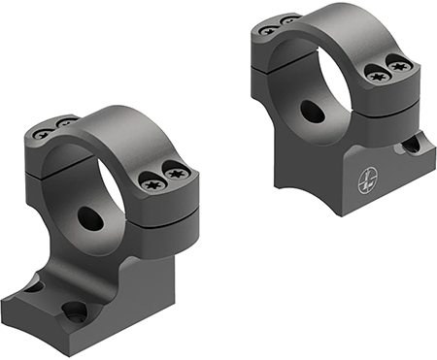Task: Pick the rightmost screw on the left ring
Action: tap(176, 173)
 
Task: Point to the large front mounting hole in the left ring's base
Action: tap(72, 312)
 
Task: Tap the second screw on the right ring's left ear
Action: tap(287, 19)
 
